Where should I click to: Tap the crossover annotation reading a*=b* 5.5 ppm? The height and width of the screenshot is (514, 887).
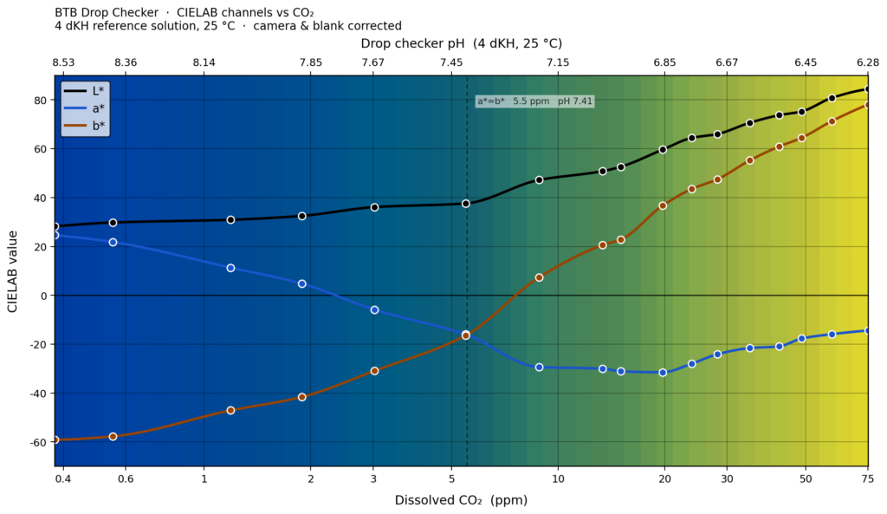click(x=534, y=101)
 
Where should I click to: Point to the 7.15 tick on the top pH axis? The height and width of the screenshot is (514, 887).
click(x=558, y=62)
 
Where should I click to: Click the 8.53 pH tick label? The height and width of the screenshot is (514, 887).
click(x=63, y=62)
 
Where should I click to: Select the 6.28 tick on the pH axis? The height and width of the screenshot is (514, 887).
click(x=867, y=62)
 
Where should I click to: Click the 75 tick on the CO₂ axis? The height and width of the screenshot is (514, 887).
click(x=867, y=479)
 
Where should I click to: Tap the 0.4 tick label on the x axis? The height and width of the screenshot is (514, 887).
click(x=63, y=479)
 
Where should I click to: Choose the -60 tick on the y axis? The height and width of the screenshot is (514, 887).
click(x=37, y=442)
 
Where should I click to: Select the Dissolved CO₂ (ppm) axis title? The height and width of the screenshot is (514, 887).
click(x=461, y=500)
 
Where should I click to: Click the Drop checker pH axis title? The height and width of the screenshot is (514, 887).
click(x=461, y=43)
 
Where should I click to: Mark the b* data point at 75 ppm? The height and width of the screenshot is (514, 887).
click(x=868, y=104)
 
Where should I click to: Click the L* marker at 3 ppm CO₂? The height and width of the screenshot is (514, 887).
click(x=374, y=207)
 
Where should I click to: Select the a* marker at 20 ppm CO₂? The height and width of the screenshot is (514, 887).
click(x=663, y=373)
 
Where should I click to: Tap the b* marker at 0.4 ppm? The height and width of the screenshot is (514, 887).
click(x=55, y=439)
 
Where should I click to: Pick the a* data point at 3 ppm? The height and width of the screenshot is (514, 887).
click(x=374, y=309)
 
